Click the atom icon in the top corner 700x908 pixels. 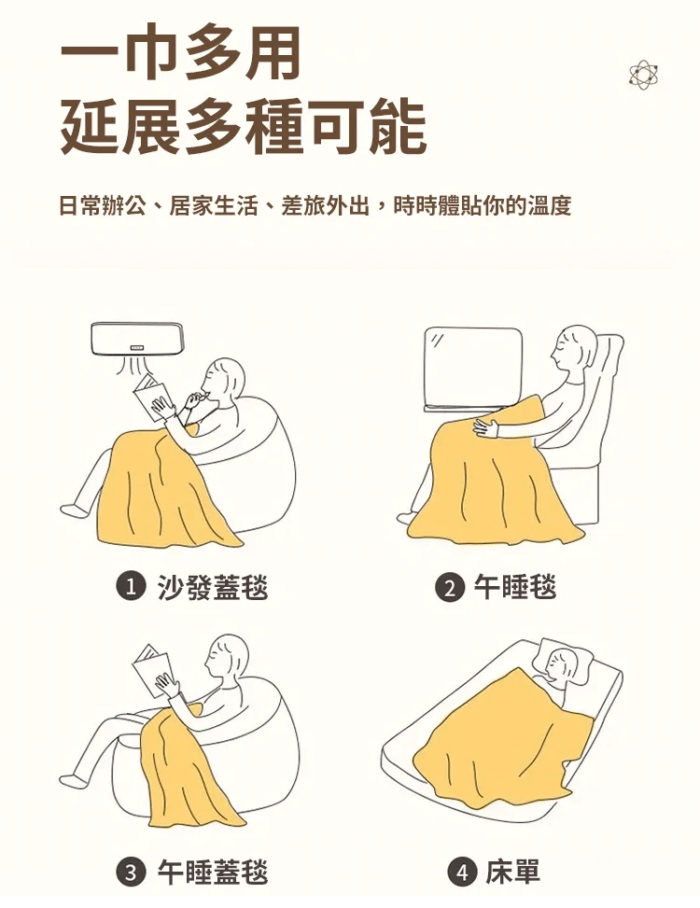tap(645, 76)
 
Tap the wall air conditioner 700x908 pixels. tap(138, 338)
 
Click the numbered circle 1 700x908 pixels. tap(130, 587)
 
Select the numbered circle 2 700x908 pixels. tap(449, 587)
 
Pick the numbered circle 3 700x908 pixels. tap(130, 873)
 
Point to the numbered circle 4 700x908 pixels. tap(461, 873)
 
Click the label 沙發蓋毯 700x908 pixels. tap(213, 587)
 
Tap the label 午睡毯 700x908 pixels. tap(514, 587)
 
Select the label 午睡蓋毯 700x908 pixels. tap(213, 873)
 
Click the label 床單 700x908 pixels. tap(513, 873)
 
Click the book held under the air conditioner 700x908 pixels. tap(152, 398)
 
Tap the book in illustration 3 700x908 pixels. tap(152, 669)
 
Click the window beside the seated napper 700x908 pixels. tap(473, 369)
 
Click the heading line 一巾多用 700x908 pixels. tap(180, 52)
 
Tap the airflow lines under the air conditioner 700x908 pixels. tap(136, 367)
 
